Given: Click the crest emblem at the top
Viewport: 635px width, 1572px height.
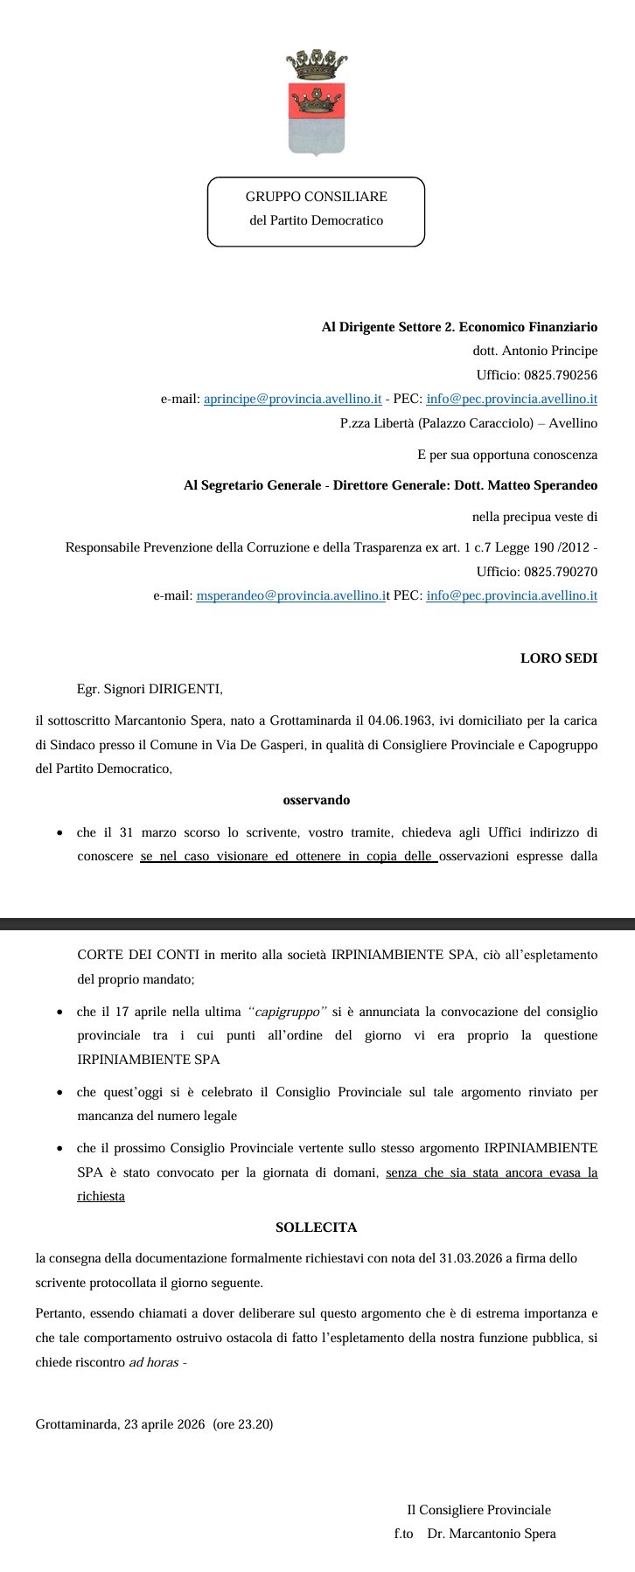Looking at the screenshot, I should (316, 103).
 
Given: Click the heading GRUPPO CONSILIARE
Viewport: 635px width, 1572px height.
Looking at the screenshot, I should (316, 197).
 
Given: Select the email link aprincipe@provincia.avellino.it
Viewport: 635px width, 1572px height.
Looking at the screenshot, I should (292, 399).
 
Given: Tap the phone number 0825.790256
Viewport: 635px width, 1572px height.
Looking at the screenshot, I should (561, 375).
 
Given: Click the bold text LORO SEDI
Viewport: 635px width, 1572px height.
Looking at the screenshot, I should (559, 658).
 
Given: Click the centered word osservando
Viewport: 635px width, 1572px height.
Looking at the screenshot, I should (317, 799).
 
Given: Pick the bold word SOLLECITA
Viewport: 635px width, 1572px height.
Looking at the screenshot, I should (316, 1227).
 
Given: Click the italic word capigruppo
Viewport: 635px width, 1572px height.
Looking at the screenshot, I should (288, 1012).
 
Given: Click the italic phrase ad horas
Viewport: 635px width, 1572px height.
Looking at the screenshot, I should (153, 1362).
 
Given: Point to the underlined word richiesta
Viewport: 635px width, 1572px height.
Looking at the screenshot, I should (101, 1195).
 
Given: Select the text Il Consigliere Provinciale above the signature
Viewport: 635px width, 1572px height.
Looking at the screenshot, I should (478, 1510).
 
